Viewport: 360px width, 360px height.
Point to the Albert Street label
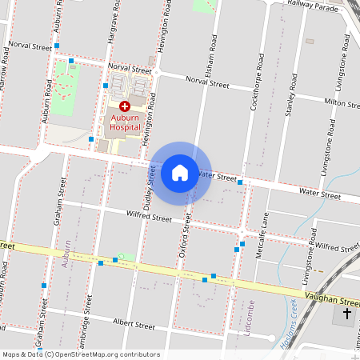click(x=133, y=326)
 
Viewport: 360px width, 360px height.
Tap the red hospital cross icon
click(x=125, y=106)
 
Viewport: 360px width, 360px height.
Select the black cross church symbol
click(x=347, y=313)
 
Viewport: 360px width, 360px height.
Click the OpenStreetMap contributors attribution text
click(x=81, y=354)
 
